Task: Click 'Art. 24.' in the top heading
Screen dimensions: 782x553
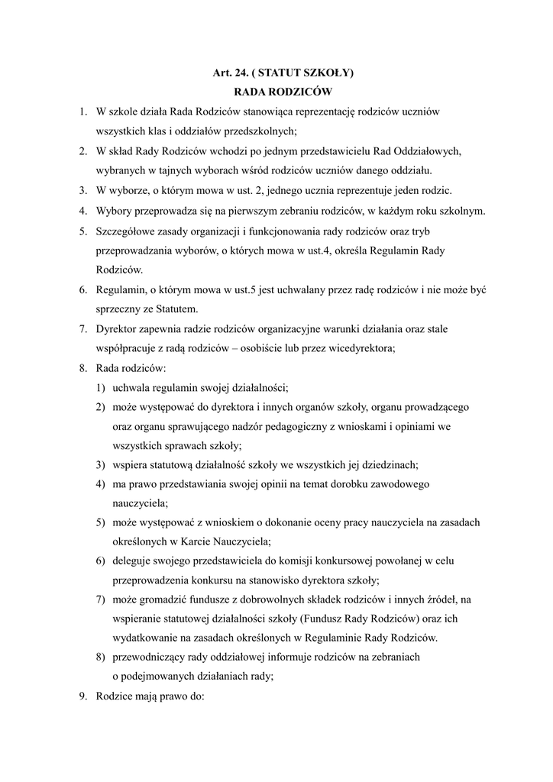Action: click(231, 73)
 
